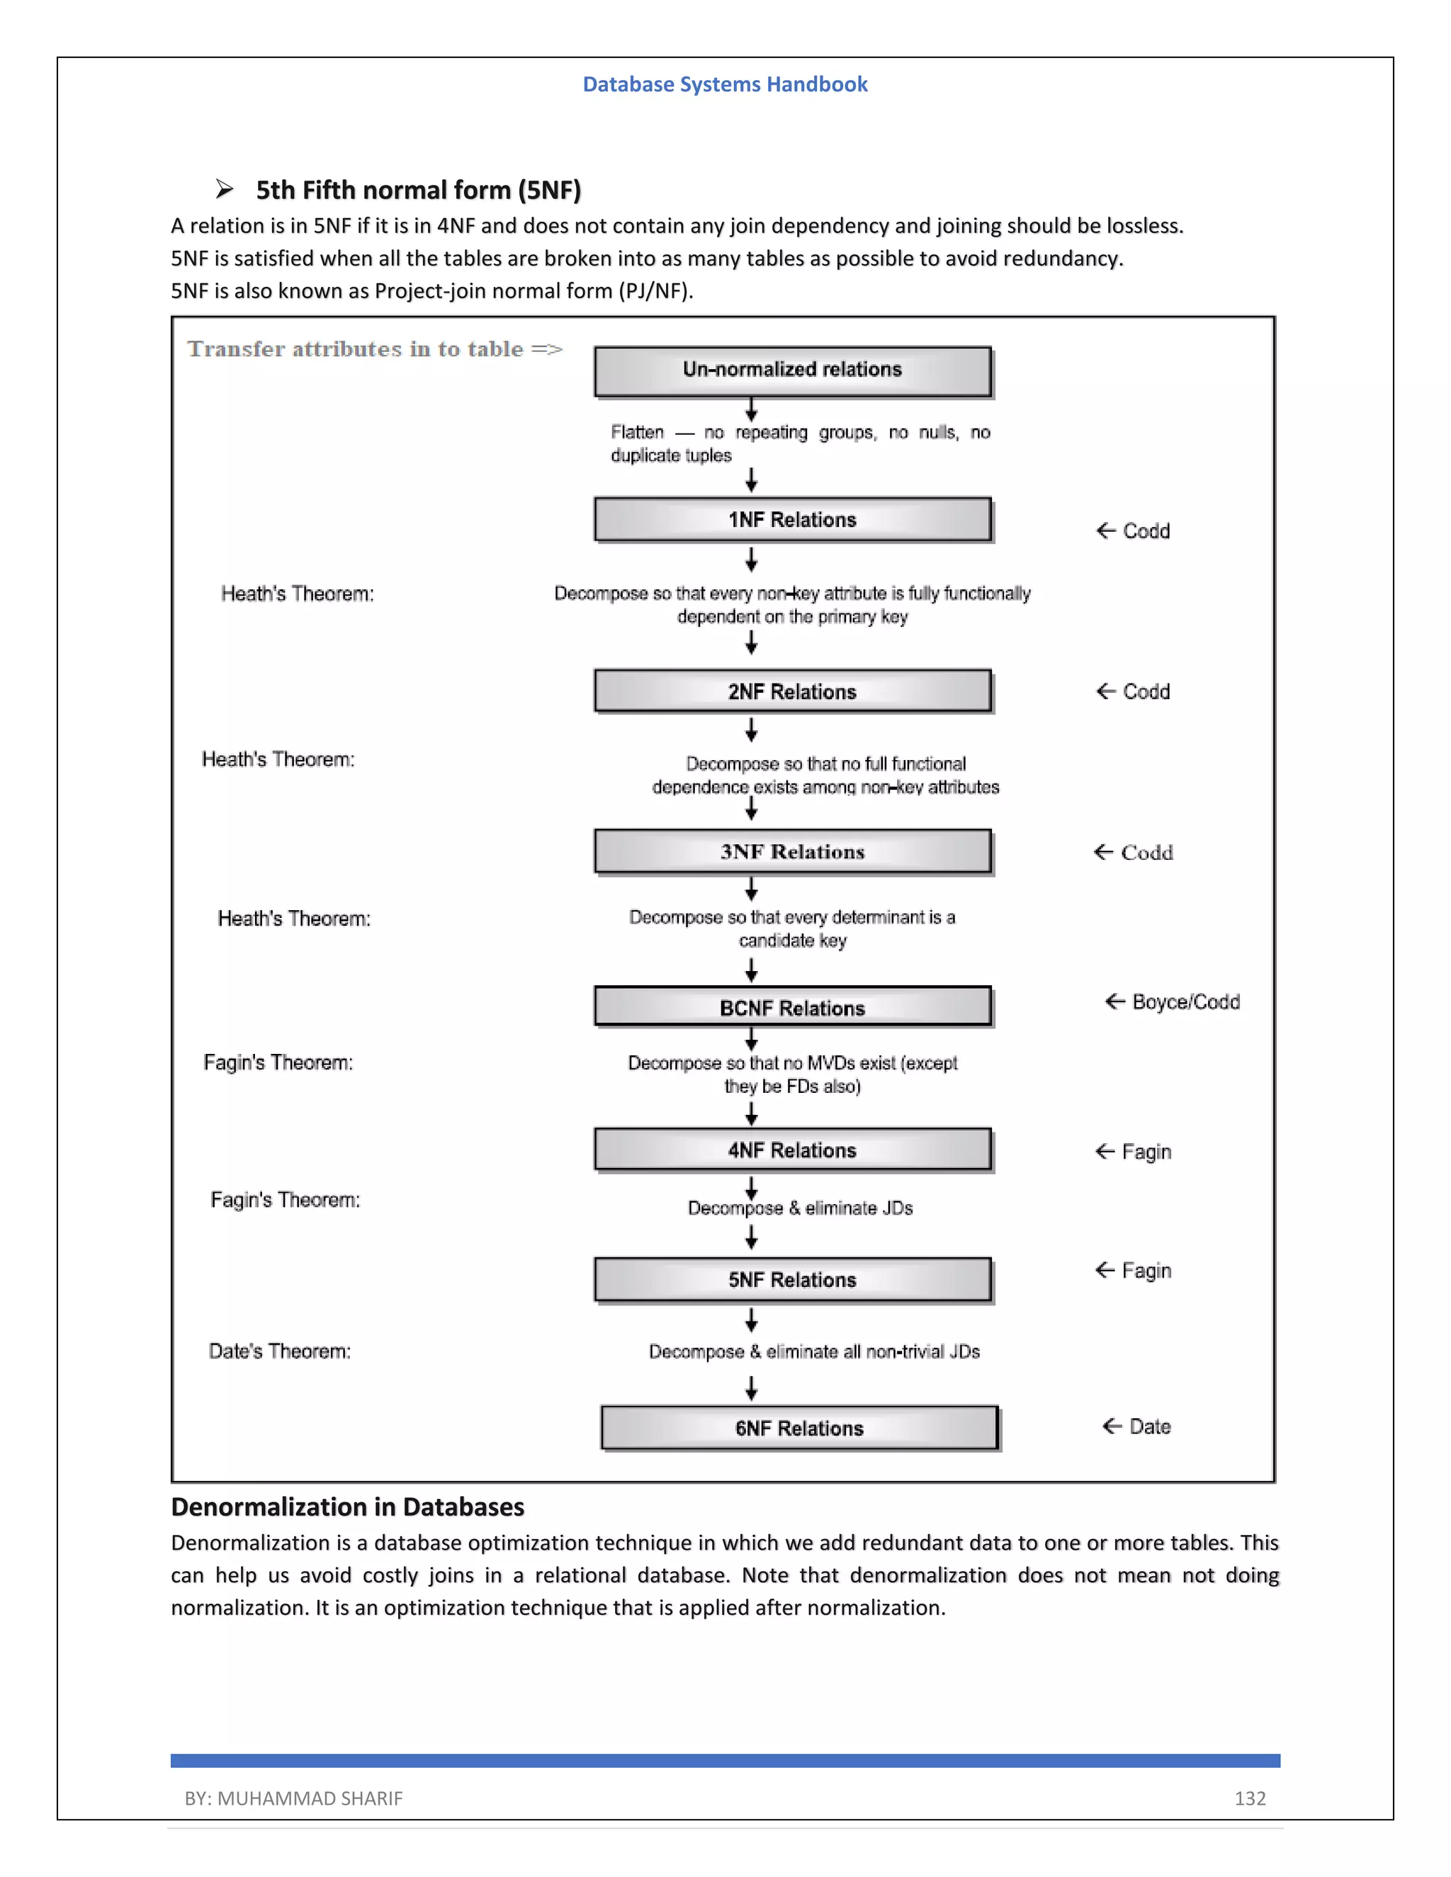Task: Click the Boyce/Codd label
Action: click(1185, 1002)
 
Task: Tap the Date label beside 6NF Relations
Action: click(1149, 1427)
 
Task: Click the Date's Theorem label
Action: click(279, 1351)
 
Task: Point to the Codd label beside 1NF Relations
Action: click(1145, 531)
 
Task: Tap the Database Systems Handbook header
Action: click(725, 84)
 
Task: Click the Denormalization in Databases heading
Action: click(347, 1507)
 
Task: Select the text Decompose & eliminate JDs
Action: click(799, 1208)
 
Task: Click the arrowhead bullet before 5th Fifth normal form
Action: click(225, 189)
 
